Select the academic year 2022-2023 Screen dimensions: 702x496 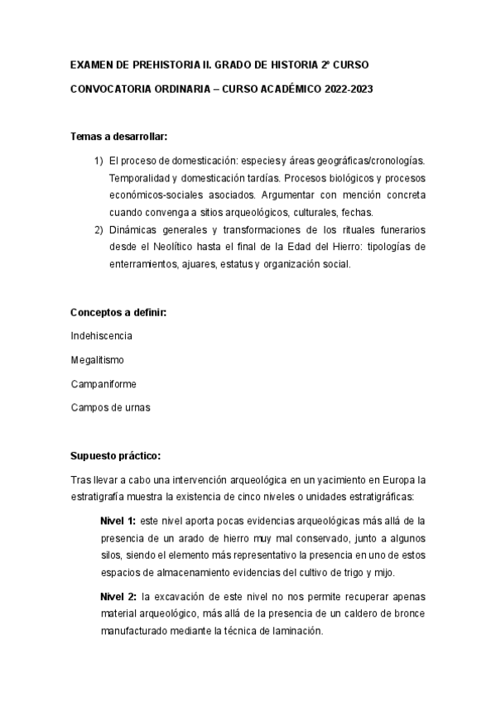(x=348, y=89)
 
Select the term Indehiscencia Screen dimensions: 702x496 (x=102, y=335)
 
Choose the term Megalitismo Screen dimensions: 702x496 (x=98, y=360)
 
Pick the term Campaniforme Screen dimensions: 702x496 (x=104, y=384)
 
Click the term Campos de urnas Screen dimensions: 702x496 (x=111, y=408)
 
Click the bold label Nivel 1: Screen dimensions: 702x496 (x=118, y=520)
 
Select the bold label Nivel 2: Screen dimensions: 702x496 (x=118, y=596)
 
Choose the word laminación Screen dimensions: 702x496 (x=294, y=630)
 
